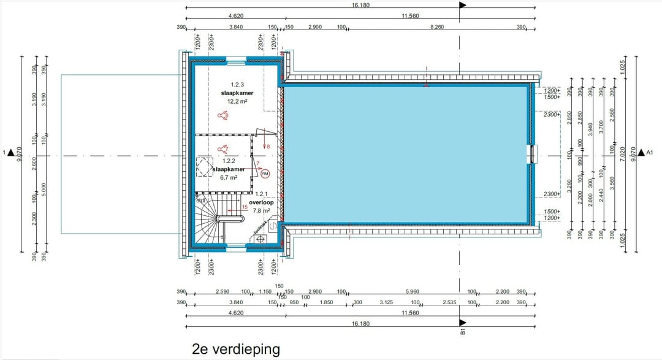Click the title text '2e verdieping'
(236, 349)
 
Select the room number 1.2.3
(237, 85)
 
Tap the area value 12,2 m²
(237, 101)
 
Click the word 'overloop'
(261, 202)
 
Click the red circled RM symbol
(265, 174)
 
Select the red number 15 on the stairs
(245, 207)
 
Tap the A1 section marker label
(650, 152)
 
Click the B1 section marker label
(463, 332)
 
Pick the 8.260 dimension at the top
(437, 28)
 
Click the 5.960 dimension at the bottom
(412, 291)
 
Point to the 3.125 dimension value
(386, 302)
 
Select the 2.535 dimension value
(449, 302)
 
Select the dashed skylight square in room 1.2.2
(204, 167)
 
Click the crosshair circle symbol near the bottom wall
(260, 239)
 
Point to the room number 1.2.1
(262, 194)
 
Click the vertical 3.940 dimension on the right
(591, 129)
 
